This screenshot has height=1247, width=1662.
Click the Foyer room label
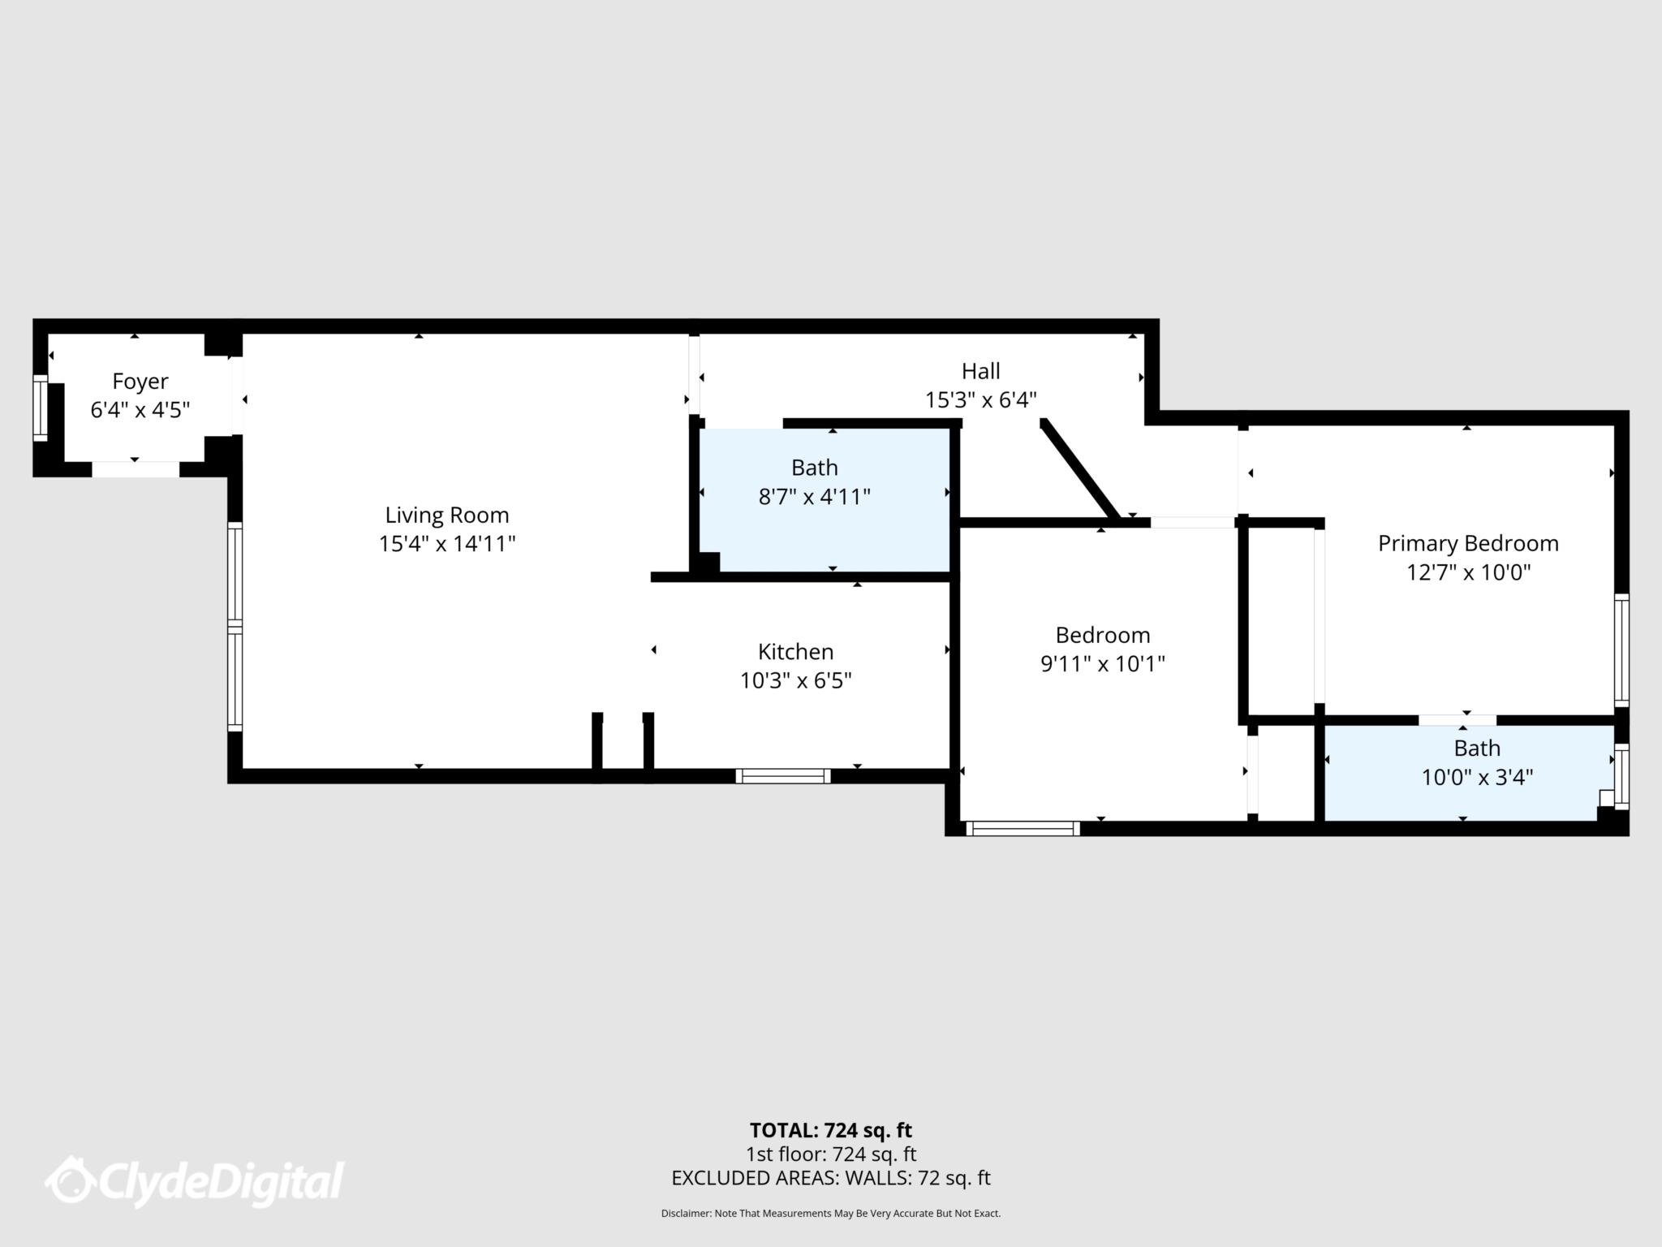140,381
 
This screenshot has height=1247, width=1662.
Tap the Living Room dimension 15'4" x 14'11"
447,544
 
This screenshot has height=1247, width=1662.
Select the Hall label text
980,371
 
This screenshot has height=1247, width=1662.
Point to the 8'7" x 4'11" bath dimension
814,497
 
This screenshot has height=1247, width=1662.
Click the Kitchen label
795,651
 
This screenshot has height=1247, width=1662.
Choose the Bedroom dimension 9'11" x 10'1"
1102,664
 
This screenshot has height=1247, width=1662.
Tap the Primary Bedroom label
1467,543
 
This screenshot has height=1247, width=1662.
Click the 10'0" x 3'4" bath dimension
1476,778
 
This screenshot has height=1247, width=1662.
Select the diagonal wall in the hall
1080,470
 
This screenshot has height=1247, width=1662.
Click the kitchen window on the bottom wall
783,776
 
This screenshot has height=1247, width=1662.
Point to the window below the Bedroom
1023,829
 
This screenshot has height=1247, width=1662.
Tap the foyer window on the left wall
40,408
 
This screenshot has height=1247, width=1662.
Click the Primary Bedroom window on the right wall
1621,649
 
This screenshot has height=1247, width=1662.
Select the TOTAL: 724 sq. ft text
830,1130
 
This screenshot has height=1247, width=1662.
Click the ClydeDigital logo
195,1181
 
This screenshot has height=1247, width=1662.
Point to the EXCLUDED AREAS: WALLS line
830,1178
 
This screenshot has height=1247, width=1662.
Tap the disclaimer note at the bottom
830,1214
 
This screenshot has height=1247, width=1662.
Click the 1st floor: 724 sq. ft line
830,1154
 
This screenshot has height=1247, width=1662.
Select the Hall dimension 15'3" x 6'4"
980,400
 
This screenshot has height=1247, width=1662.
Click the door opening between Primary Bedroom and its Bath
1457,720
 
